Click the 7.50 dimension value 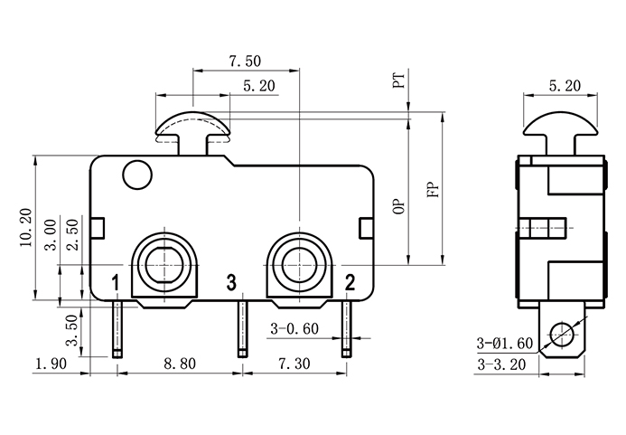(x=245, y=61)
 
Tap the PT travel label (x=398, y=83)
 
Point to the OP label (x=398, y=206)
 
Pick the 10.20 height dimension (x=24, y=228)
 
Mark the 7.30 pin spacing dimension (x=293, y=364)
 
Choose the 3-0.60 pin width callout (x=294, y=329)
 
